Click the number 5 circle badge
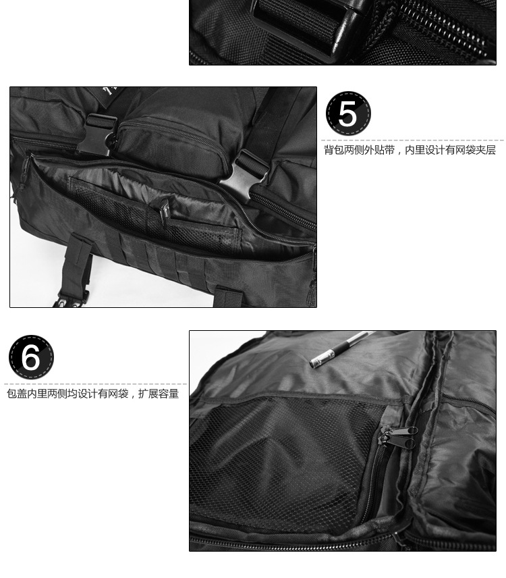pyautogui.click(x=348, y=113)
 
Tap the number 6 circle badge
pyautogui.click(x=31, y=357)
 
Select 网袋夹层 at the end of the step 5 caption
pyautogui.click(x=475, y=151)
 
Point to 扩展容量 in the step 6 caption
pyautogui.click(x=159, y=394)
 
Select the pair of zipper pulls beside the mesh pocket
pyautogui.click(x=399, y=436)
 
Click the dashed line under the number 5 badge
pyautogui.click(x=412, y=140)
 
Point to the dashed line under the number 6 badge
pyautogui.click(x=96, y=384)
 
